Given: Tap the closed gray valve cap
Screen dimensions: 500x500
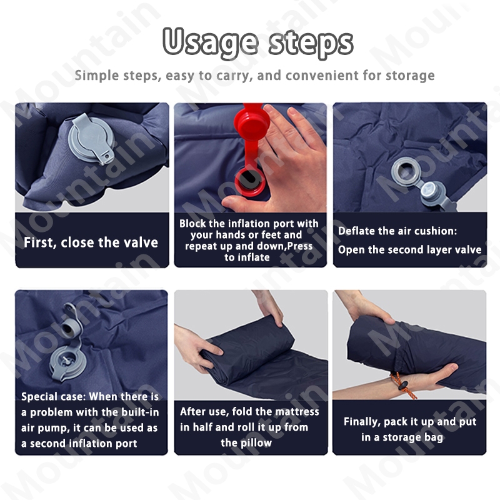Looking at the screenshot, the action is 92,139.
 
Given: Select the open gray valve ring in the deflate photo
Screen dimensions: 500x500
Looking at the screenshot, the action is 406,173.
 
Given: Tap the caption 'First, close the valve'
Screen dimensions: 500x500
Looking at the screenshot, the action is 91,242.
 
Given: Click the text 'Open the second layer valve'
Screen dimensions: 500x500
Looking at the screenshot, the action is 410,249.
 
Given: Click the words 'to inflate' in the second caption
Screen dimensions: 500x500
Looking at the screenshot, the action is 247,257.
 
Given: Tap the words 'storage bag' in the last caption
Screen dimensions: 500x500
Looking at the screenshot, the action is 413,437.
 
